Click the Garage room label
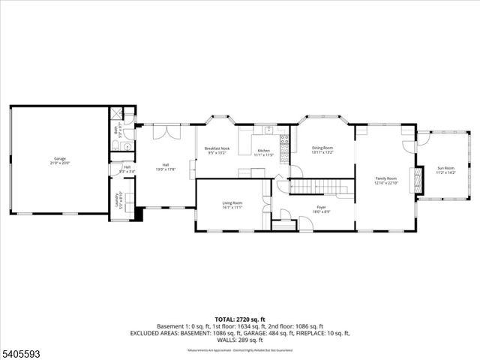click(x=60, y=160)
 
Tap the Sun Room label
click(x=445, y=168)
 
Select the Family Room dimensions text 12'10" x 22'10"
click(x=385, y=182)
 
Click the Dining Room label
click(x=322, y=148)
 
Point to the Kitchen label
click(x=263, y=151)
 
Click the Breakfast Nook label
click(x=217, y=148)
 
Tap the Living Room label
click(x=232, y=202)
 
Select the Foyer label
click(x=321, y=206)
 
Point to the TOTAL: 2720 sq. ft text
click(x=240, y=319)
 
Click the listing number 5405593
click(x=20, y=351)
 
